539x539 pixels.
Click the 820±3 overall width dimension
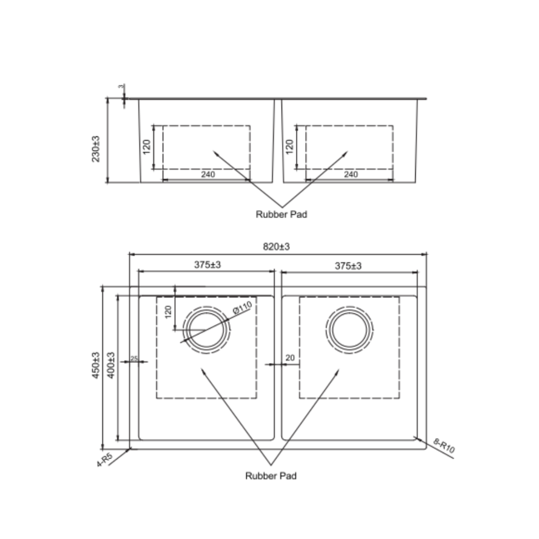click(x=276, y=247)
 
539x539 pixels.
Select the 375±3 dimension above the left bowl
click(x=207, y=265)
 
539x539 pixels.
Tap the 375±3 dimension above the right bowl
click(x=348, y=266)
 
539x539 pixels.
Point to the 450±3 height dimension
click(x=96, y=365)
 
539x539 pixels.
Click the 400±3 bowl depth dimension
click(x=111, y=365)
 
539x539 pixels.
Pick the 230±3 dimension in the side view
click(x=96, y=149)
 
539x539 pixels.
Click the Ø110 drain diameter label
click(x=243, y=307)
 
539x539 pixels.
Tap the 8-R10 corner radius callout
click(x=444, y=446)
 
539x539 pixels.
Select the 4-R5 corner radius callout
click(x=104, y=460)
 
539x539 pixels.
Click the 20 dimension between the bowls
click(x=290, y=358)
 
